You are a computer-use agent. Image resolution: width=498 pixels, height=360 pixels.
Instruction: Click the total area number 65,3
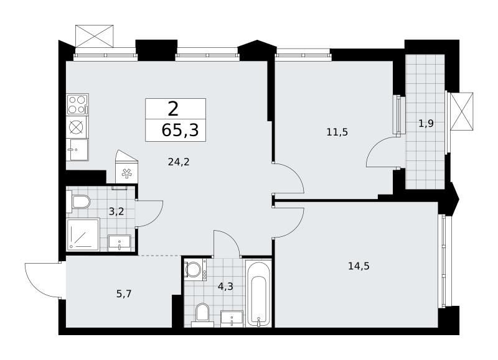180,130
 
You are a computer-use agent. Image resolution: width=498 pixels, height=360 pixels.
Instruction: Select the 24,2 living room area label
179,162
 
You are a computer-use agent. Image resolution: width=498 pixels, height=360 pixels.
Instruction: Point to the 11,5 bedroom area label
337,132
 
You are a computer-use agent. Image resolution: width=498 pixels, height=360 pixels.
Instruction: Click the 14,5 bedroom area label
359,265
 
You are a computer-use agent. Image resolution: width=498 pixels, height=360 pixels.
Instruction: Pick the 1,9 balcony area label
426,123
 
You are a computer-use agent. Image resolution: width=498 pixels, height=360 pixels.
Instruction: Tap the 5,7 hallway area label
124,294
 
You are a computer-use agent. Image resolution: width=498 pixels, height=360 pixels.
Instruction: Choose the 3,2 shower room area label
116,211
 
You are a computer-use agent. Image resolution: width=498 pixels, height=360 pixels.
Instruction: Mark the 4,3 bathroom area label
225,287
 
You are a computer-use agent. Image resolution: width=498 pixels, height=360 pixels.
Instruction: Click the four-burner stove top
77,104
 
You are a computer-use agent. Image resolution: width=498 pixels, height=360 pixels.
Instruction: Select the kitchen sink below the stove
78,150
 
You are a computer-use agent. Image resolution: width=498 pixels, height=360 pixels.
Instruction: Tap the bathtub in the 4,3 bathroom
258,293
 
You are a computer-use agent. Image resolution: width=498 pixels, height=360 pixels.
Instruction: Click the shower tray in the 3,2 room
83,234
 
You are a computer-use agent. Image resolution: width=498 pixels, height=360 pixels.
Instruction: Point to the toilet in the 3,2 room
78,201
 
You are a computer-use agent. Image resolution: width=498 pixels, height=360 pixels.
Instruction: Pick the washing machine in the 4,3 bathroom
195,270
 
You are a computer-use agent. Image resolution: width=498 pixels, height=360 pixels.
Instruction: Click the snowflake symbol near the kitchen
127,173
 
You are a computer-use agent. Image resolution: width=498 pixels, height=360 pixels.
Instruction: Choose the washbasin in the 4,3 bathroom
232,318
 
